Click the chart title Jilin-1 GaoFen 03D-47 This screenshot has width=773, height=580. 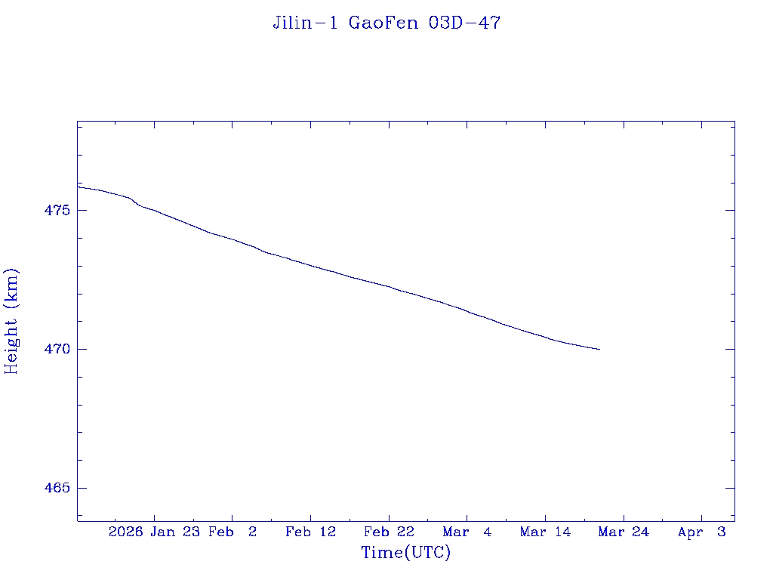(386, 23)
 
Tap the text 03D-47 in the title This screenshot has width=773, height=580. (464, 23)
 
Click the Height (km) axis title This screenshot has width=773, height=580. (11, 321)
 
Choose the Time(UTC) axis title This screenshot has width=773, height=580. (406, 553)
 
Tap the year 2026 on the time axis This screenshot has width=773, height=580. (125, 532)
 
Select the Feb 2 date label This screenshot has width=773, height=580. (233, 532)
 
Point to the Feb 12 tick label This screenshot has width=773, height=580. (310, 532)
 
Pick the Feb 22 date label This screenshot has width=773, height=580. (389, 532)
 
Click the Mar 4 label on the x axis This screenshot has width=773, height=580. (467, 532)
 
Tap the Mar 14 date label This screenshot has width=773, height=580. (545, 532)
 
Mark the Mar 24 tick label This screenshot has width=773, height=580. (624, 532)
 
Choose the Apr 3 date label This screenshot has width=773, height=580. (702, 532)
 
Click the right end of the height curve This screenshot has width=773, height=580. (599, 349)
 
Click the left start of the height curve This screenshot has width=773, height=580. (79, 187)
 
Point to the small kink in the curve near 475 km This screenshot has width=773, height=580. (134, 202)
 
